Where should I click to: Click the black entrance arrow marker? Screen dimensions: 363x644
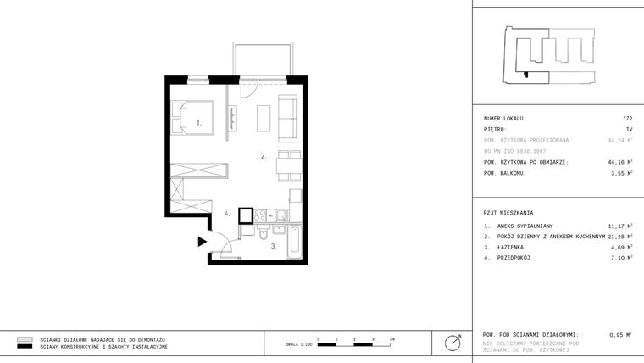202,242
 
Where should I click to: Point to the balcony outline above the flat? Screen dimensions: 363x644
264,59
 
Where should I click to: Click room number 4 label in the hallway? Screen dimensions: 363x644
227,215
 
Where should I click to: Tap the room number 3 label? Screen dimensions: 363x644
273,246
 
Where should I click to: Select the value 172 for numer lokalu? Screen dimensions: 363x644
627,119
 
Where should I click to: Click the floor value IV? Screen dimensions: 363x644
629,130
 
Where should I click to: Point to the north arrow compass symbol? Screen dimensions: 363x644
453,343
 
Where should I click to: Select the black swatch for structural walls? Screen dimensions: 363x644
25,347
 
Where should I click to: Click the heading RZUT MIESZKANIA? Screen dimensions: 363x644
508,212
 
